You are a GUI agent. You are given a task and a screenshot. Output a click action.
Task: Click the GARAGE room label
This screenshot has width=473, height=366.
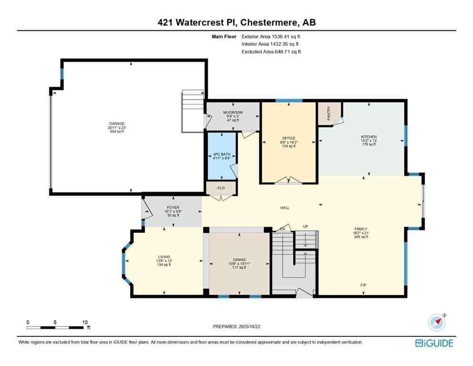click(116, 123)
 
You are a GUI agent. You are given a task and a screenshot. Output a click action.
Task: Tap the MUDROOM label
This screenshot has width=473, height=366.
click(233, 113)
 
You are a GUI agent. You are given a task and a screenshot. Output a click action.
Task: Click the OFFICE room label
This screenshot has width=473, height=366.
click(289, 139)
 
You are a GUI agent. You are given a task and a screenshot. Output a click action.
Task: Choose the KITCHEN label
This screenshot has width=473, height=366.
click(368, 137)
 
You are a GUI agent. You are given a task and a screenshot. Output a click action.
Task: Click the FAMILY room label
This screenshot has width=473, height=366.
click(361, 229)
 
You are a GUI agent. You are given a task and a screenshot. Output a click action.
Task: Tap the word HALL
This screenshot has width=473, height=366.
click(285, 208)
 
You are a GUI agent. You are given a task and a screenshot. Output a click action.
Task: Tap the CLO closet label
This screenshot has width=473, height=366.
click(221, 188)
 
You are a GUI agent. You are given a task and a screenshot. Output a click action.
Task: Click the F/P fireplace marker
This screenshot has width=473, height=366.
click(363, 285)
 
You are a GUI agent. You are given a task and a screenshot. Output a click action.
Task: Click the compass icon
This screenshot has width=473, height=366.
click(437, 323)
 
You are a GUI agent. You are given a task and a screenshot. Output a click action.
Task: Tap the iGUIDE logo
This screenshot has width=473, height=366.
click(434, 343)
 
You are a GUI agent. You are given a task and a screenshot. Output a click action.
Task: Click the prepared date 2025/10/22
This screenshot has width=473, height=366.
click(236, 326)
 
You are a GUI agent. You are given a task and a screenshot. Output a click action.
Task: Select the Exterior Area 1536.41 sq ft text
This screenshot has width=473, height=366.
click(271, 36)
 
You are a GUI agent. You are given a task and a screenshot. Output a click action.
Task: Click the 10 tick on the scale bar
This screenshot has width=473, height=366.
click(84, 322)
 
